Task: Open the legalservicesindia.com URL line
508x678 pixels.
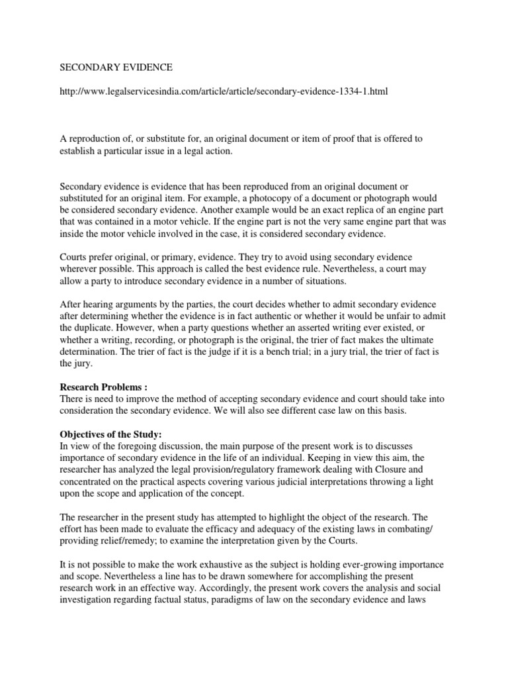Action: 224,91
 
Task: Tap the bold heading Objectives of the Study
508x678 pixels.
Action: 111,434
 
